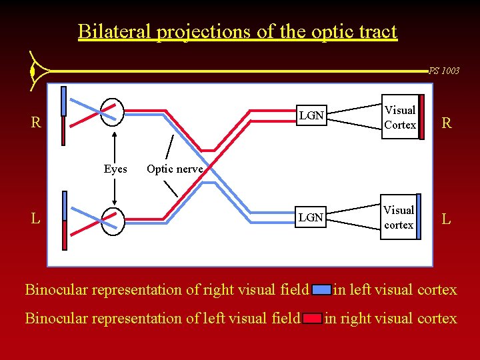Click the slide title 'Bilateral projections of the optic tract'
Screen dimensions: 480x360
point(237,31)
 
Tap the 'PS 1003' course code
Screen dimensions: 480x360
point(443,71)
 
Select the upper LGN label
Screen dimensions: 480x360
point(311,116)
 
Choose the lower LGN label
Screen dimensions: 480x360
point(311,217)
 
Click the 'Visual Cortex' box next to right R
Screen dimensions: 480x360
point(400,117)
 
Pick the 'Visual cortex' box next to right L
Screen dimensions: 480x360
point(399,217)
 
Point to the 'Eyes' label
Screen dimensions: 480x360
point(115,169)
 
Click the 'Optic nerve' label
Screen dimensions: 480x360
point(174,169)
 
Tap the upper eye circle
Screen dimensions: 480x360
point(112,111)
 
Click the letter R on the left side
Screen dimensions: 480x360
point(37,123)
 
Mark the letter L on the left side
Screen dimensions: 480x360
point(37,219)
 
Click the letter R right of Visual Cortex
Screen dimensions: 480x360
point(446,123)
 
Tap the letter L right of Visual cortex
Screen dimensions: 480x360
point(446,219)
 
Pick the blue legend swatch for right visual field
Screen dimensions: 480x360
point(321,290)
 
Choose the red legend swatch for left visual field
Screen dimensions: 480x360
point(312,319)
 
